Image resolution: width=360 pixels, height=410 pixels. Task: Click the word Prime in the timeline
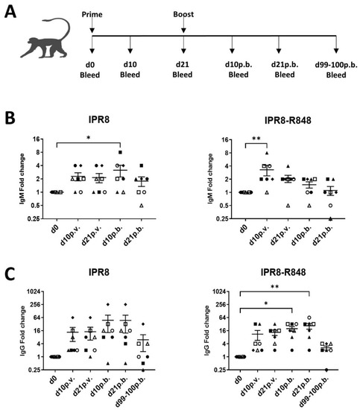[92, 12]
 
